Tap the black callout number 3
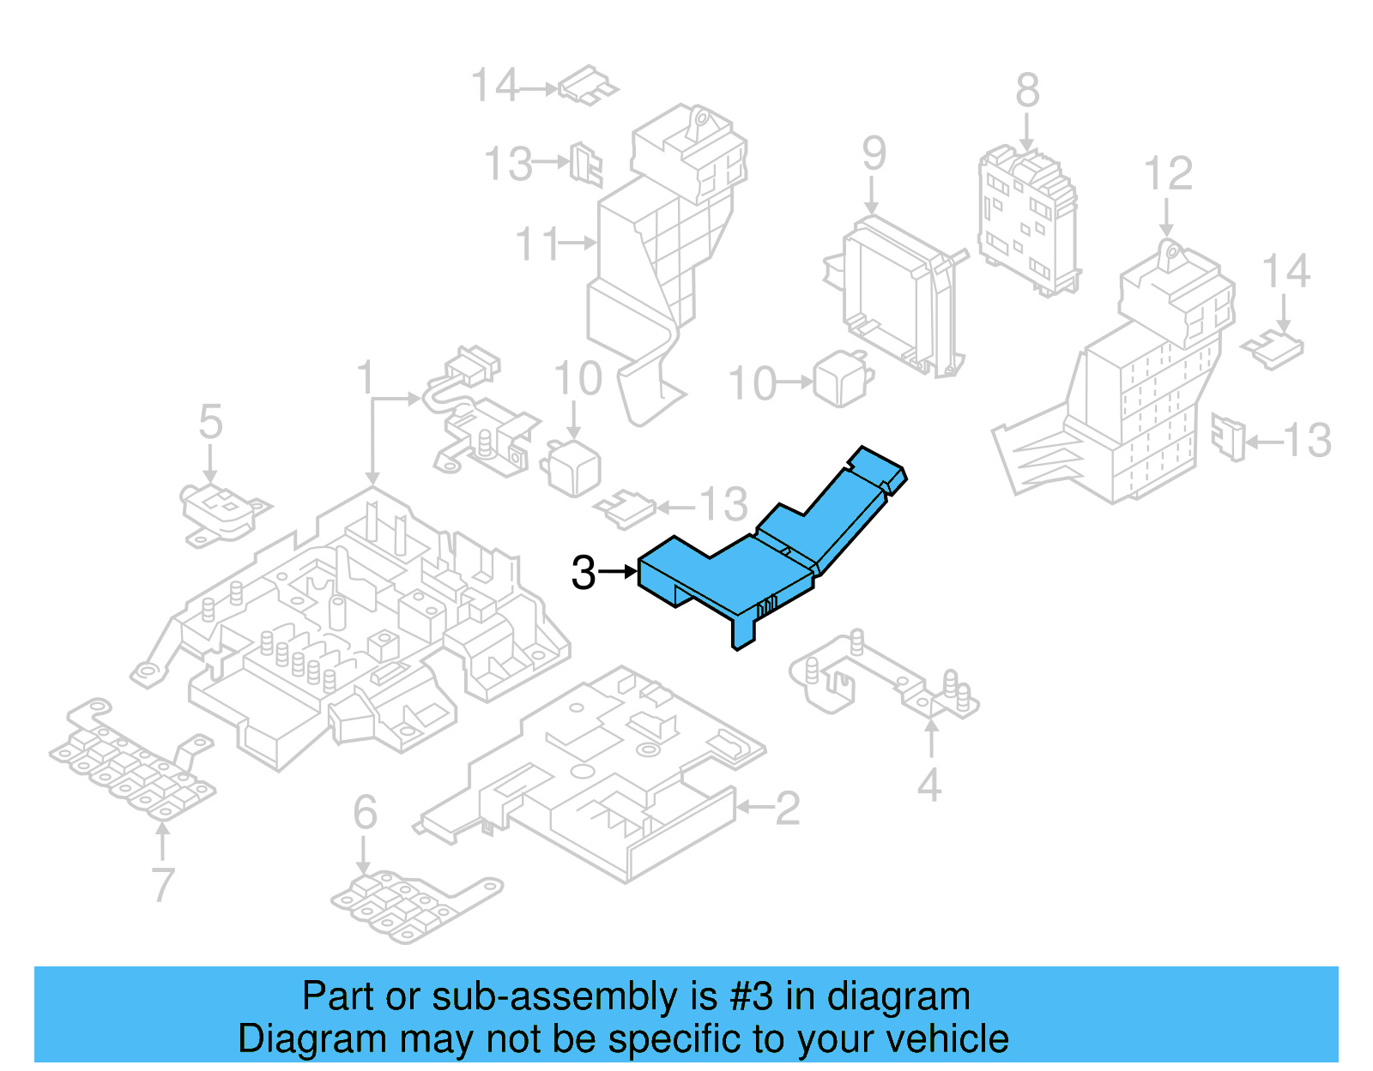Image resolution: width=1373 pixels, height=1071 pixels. pos(584,573)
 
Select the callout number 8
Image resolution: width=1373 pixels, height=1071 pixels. pos(1027,91)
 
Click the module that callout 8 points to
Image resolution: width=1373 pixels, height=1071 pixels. pos(1027,219)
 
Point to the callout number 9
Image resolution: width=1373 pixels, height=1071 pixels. pos(874,153)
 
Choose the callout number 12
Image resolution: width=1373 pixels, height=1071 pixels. pos(1168,174)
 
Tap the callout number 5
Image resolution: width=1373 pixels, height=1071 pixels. pos(210,423)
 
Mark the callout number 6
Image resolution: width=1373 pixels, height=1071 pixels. pos(365,812)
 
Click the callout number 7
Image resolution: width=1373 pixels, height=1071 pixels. pos(163,884)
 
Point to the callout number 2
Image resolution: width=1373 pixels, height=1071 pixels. pos(787,809)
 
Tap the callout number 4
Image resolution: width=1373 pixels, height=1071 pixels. pos(929,785)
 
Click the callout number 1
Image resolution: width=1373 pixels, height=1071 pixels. pos(366,378)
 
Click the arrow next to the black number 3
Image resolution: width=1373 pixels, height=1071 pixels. pos(618,571)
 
